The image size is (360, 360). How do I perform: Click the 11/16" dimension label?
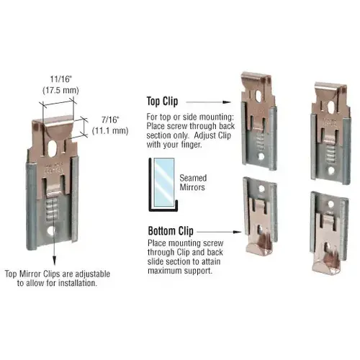pos(61,79)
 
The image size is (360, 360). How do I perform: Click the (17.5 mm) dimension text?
pos(60,91)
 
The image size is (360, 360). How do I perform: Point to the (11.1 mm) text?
pos(110,131)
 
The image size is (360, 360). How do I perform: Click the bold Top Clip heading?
pos(162,102)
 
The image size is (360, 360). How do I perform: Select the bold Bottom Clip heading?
pos(171,231)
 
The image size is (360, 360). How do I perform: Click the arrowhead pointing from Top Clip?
pos(227,102)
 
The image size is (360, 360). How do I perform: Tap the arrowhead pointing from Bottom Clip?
pos(238,232)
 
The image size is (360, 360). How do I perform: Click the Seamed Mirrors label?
pos(193,183)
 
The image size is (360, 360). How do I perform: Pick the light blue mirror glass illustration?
pos(164,182)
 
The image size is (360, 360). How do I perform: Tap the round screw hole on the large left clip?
pos(51,231)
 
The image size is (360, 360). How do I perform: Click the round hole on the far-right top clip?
pos(331,171)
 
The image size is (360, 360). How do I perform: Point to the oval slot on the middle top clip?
pos(258,96)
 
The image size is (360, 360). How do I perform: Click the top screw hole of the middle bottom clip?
pos(261,188)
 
